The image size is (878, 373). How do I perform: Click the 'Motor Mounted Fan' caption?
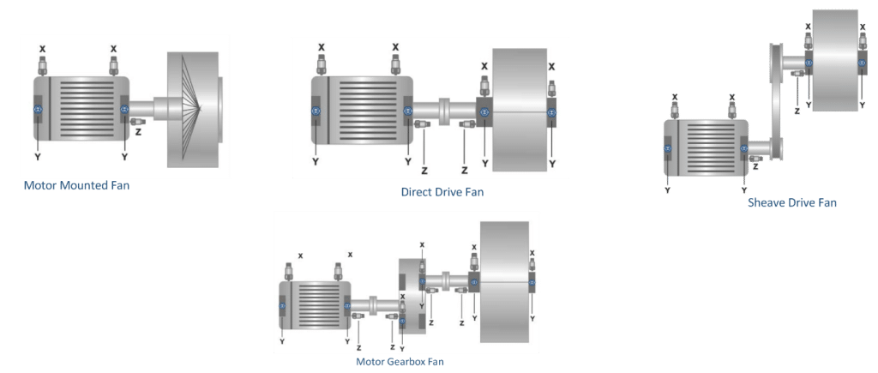coord(76,185)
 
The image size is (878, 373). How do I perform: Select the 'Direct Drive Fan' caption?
coord(442,192)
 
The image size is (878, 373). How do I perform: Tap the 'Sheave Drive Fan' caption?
coord(792,202)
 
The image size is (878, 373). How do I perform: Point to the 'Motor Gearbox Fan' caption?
coord(400,361)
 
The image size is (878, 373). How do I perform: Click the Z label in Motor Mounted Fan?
coord(138,132)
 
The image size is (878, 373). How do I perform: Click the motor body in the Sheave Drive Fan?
coord(707,147)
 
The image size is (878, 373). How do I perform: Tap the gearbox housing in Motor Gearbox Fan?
coord(412,296)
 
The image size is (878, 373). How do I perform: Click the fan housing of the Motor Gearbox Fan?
coord(504,282)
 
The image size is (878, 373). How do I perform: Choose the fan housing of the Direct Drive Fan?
coord(519,110)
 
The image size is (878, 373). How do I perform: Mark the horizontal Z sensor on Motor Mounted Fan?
coord(138,121)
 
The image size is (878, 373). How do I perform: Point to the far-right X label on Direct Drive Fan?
coord(551,67)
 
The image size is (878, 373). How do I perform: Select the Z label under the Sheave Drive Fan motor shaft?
coord(756,166)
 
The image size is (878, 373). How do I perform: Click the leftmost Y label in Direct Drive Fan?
coord(316,162)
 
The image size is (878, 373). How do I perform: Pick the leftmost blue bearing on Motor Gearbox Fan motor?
coord(283,305)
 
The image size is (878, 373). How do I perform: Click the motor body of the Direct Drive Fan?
coord(362,111)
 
